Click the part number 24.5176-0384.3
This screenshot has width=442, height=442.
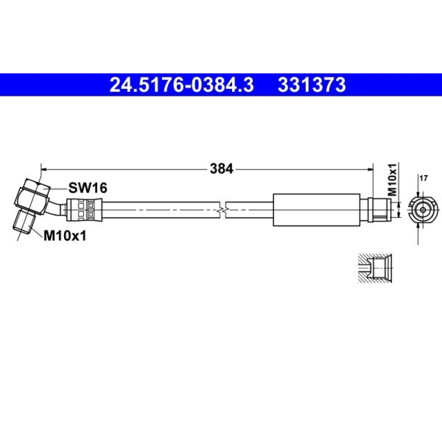(182, 85)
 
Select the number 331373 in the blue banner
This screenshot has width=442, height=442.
(312, 85)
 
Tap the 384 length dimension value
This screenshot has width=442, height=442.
(221, 169)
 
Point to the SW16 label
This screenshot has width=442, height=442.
(88, 188)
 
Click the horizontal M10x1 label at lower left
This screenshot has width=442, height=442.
(65, 236)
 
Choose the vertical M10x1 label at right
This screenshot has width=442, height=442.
(392, 179)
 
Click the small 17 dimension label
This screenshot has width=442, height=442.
(423, 178)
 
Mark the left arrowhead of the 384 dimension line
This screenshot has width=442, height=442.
(44, 169)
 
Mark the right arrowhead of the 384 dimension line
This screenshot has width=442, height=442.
(370, 169)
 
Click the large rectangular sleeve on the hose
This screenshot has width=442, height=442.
(317, 210)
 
